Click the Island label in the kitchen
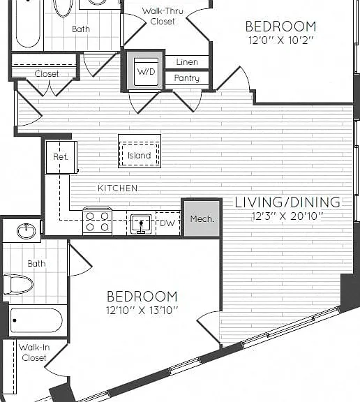[139, 156]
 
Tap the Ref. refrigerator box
[61, 157]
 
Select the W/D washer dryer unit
[146, 72]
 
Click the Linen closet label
[187, 62]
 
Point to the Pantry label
[187, 78]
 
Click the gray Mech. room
[202, 218]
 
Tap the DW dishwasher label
[167, 223]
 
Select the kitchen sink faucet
[141, 227]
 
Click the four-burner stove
[98, 221]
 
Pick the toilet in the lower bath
[18, 284]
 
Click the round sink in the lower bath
[26, 231]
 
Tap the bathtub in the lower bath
[36, 320]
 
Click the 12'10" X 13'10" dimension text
[142, 311]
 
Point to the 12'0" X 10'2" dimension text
[281, 40]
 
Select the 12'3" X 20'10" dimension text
[287, 216]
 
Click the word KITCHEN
[118, 188]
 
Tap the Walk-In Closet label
[34, 352]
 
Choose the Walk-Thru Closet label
[163, 16]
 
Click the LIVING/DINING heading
[287, 202]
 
